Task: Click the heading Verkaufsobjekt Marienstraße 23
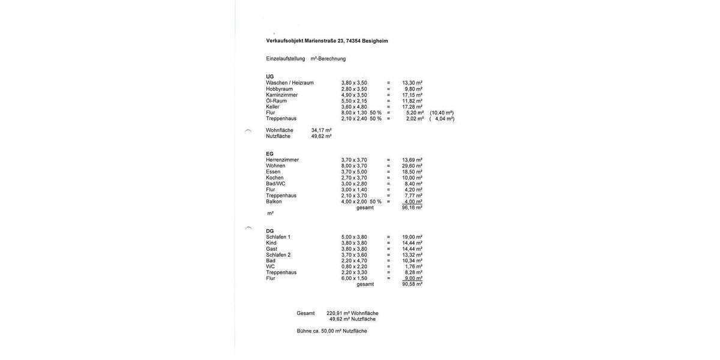[327, 41]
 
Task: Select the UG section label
[270, 77]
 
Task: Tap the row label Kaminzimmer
[282, 95]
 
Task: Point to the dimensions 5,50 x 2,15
[354, 101]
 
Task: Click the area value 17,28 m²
[412, 107]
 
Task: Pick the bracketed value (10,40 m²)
[442, 113]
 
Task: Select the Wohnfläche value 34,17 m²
[322, 130]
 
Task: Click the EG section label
[270, 154]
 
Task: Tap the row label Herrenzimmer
[283, 160]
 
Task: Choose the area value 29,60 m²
[412, 166]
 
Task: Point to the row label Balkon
[274, 202]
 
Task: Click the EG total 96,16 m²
[412, 208]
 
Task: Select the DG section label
[270, 231]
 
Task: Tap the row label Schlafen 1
[278, 237]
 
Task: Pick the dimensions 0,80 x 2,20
[354, 266]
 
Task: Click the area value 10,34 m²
[412, 260]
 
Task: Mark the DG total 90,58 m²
[412, 284]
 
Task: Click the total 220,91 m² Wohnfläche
[352, 313]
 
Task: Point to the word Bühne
[304, 331]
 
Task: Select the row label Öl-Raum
[277, 101]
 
